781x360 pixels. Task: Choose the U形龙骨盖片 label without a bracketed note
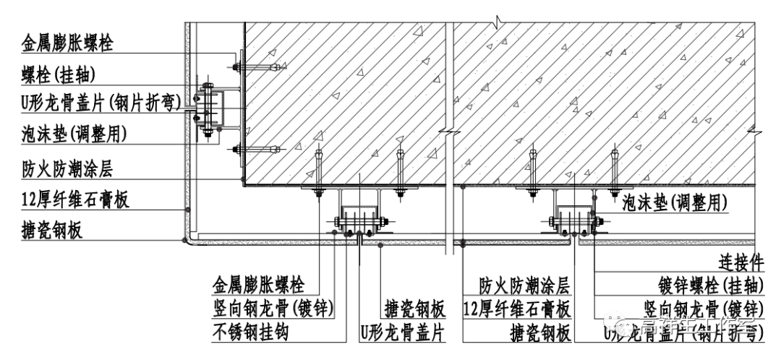[x=401, y=333]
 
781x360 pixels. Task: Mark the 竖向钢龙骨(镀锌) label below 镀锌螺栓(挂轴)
[x=705, y=309]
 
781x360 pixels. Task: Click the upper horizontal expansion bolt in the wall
[x=257, y=68]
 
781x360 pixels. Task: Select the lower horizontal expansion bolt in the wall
[x=257, y=150]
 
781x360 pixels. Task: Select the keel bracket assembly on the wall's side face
[x=209, y=109]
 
